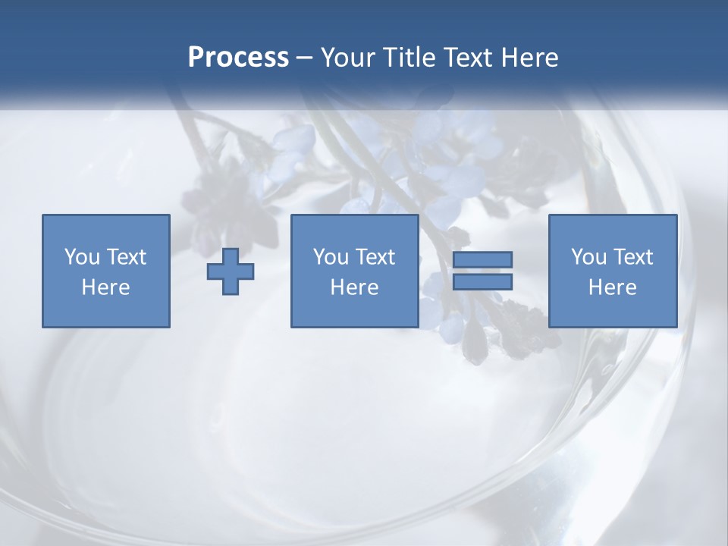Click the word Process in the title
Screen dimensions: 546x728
[x=238, y=58]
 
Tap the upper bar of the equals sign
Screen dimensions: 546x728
[x=482, y=260]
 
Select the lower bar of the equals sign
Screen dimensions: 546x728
[x=482, y=282]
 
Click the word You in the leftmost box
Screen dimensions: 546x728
[x=82, y=257]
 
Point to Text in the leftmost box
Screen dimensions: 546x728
[x=126, y=257]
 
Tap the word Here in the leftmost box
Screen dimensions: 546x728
[x=105, y=287]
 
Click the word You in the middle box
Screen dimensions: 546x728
[x=331, y=257]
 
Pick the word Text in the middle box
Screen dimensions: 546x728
[x=375, y=257]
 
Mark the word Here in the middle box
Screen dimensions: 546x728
[x=354, y=287]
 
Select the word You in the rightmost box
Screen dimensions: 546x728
[x=588, y=257]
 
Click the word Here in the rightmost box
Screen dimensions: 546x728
[x=612, y=287]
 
